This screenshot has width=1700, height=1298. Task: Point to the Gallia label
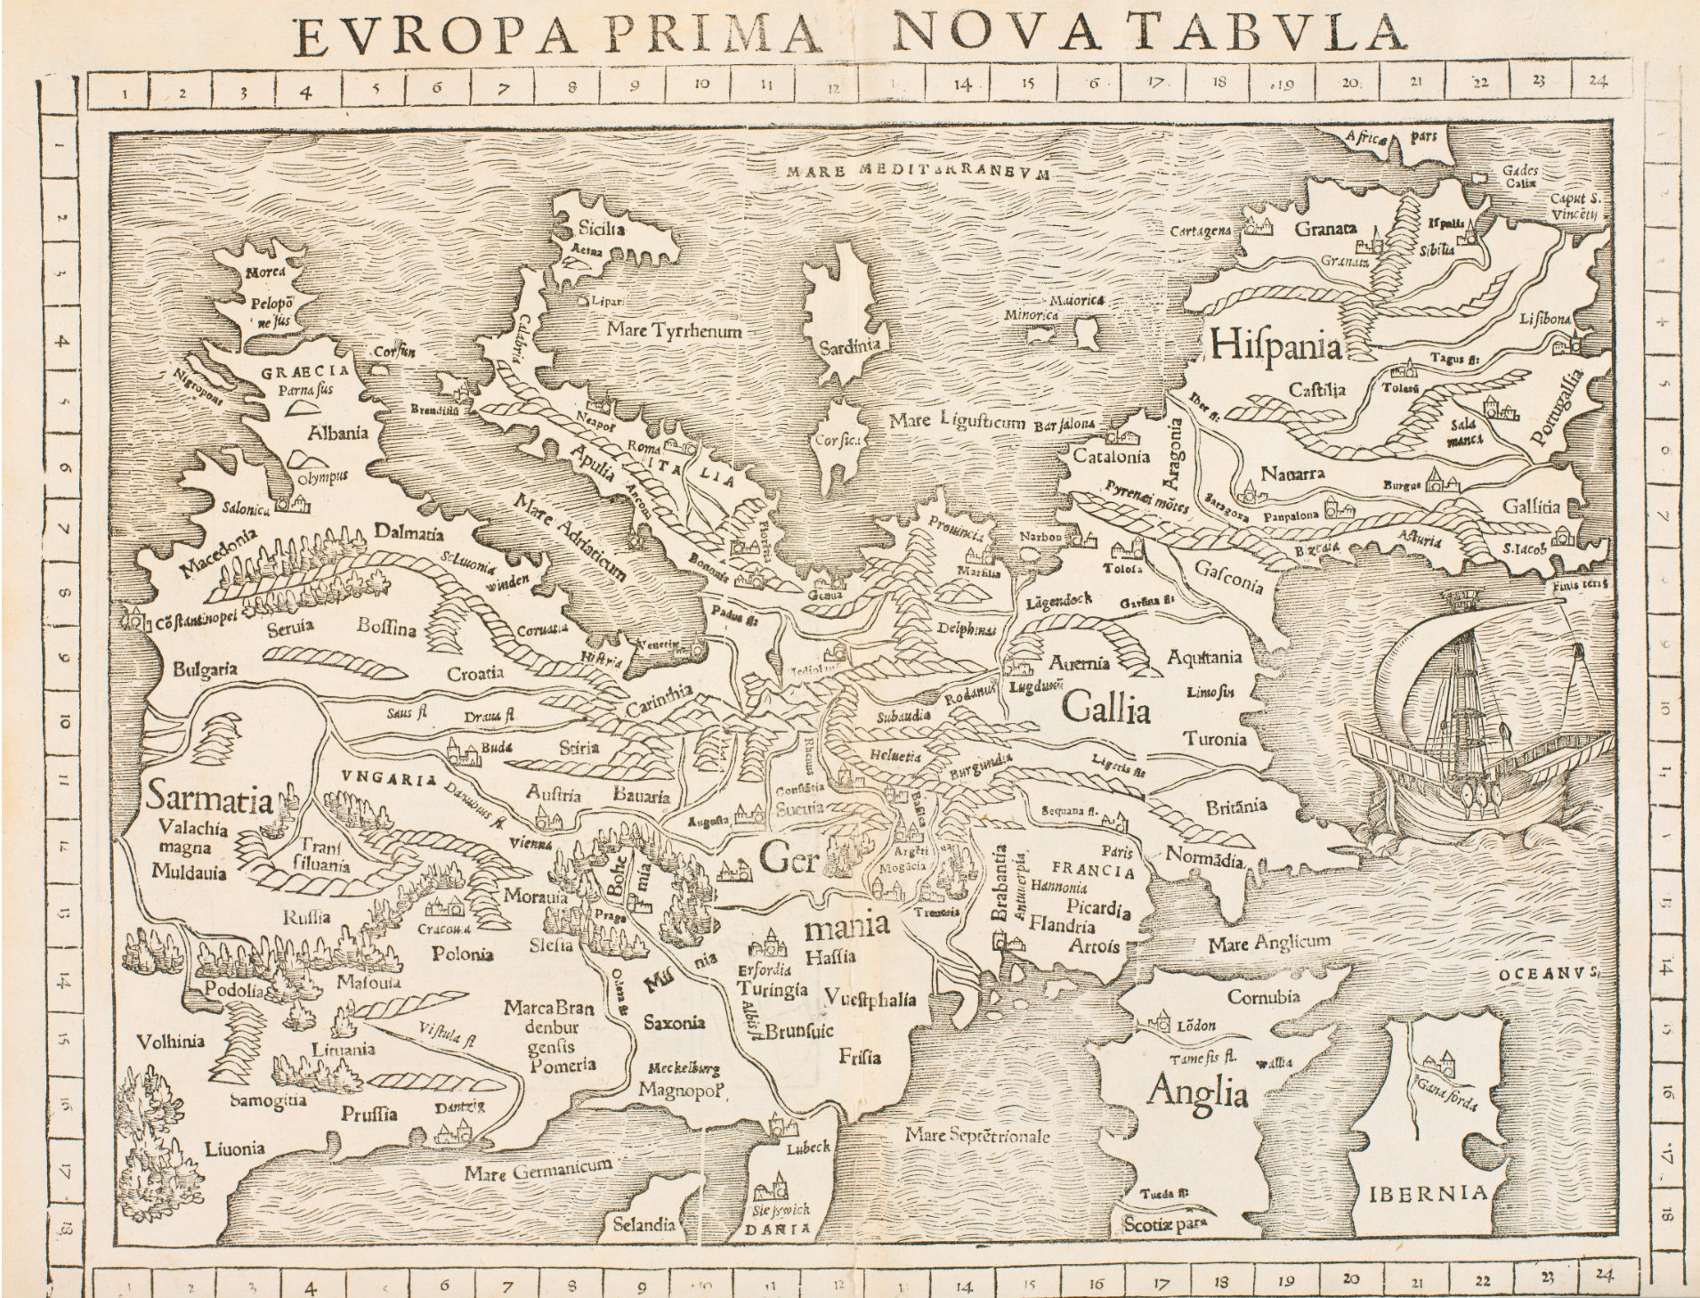(1106, 710)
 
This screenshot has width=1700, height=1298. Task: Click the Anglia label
(1197, 1092)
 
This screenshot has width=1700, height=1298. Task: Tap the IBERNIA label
(1428, 1193)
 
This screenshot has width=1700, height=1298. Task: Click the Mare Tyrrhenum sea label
(674, 330)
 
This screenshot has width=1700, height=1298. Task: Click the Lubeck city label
(807, 1148)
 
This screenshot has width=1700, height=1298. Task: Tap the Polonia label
(462, 953)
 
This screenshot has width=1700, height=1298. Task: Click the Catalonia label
(1106, 458)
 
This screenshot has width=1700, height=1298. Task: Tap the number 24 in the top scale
(1598, 82)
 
